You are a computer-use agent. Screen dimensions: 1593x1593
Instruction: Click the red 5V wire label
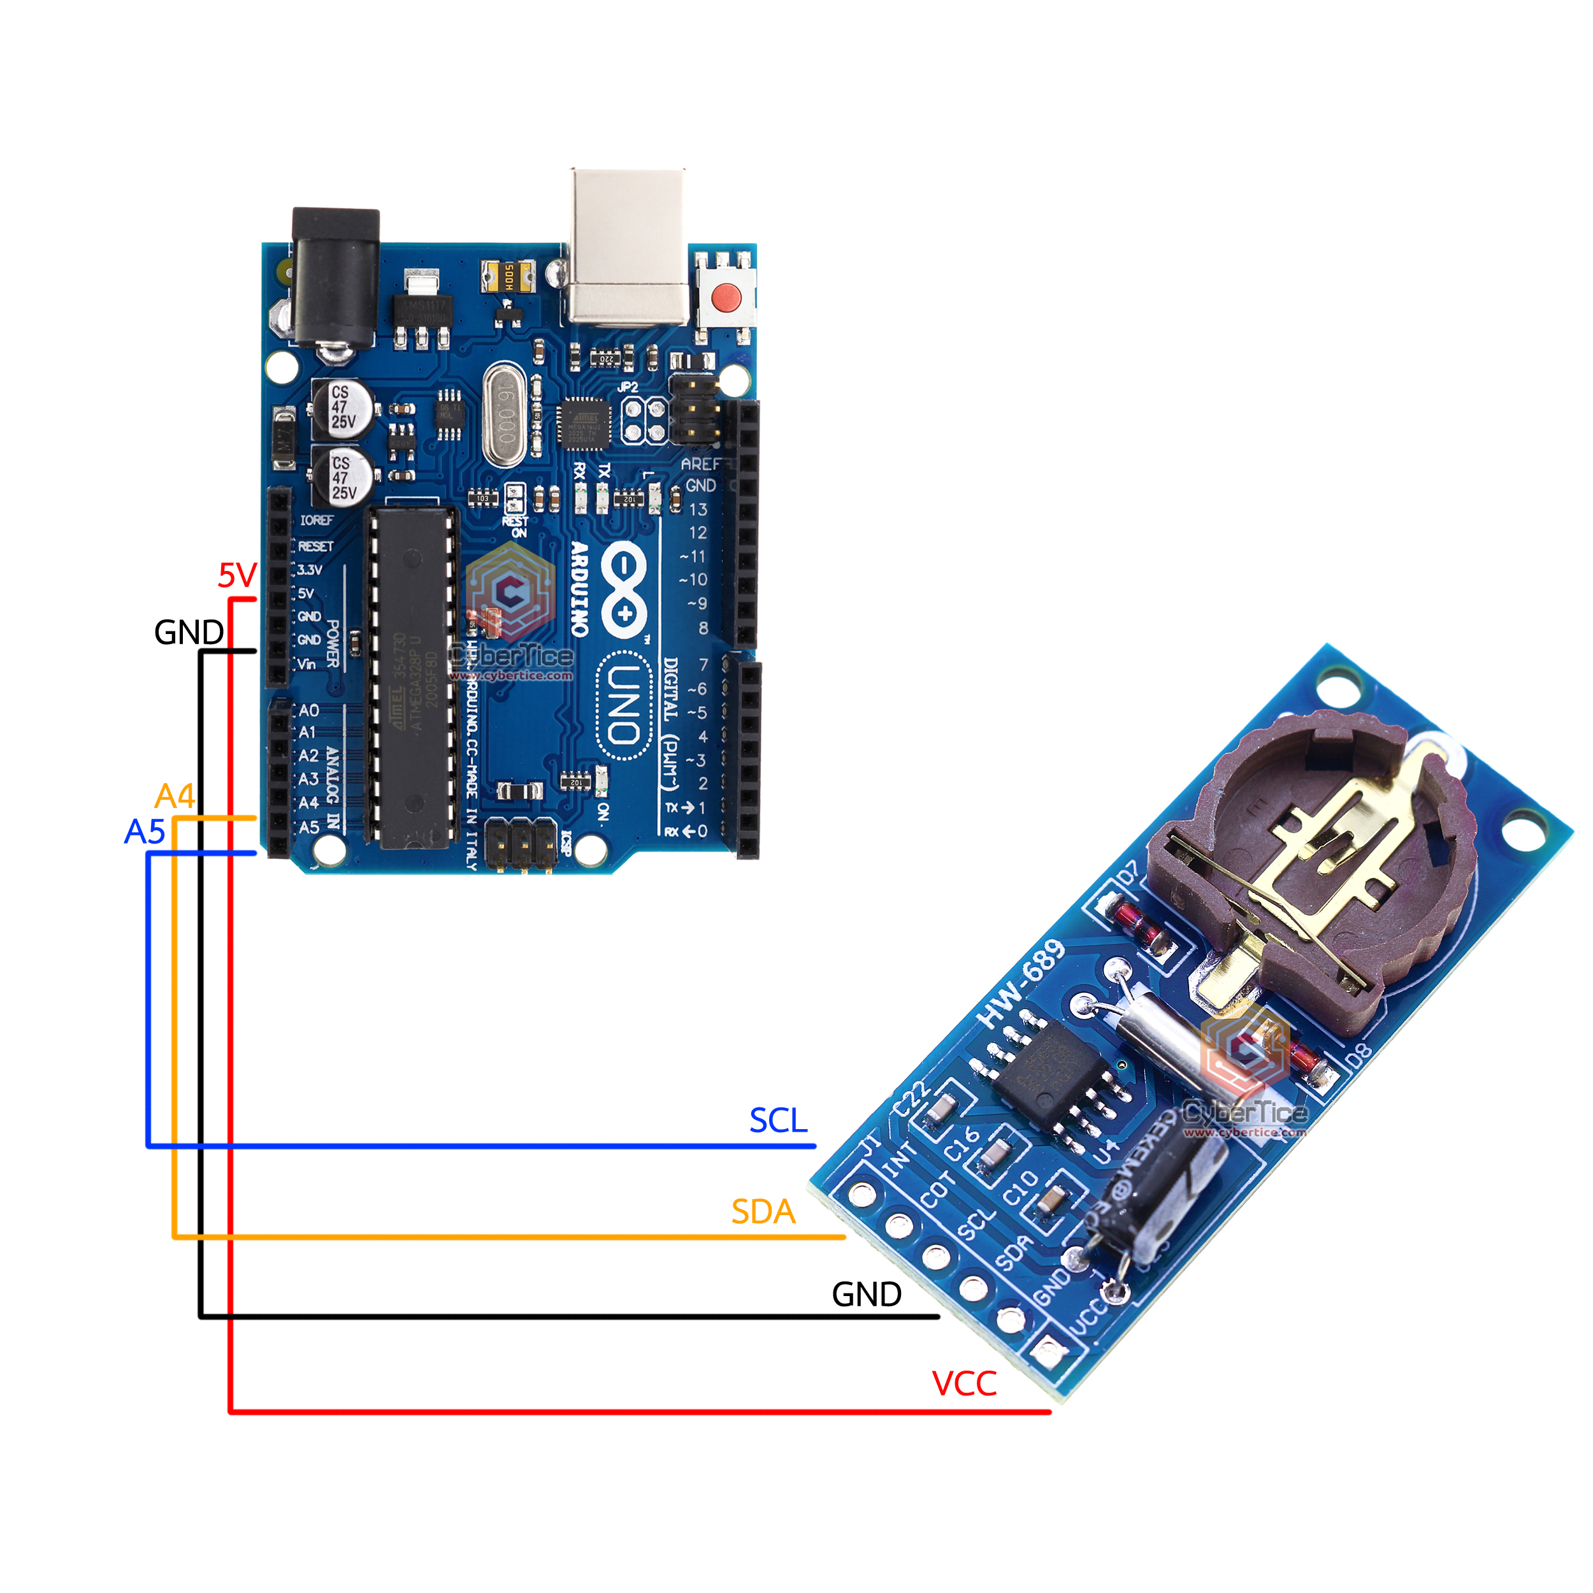238,575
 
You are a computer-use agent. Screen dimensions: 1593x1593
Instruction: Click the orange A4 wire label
175,796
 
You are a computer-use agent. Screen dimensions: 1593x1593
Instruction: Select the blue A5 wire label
145,832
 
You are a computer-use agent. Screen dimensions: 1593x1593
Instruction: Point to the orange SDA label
763,1212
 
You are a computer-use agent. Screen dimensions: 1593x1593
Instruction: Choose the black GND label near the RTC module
866,1295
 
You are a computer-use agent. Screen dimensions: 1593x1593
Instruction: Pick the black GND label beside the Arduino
189,632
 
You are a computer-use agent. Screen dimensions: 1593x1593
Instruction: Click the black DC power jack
336,276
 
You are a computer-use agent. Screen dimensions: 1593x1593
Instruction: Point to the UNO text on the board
624,704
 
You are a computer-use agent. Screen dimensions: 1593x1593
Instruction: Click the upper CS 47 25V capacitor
342,407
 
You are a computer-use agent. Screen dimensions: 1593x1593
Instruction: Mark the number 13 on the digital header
698,510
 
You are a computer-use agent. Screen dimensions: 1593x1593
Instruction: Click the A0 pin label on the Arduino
308,710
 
